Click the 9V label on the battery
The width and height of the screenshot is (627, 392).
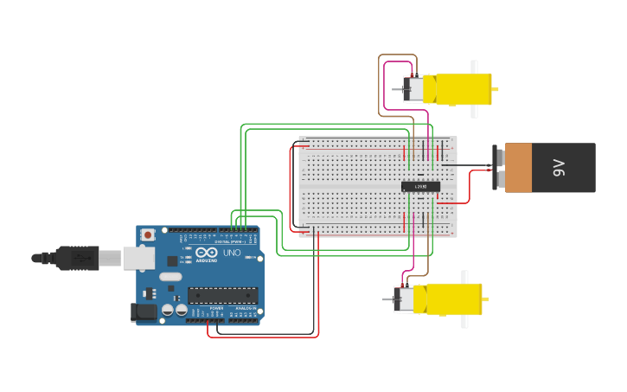click(x=559, y=168)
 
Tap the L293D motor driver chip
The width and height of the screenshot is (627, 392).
click(x=420, y=186)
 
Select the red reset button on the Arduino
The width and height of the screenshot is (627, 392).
click(x=148, y=234)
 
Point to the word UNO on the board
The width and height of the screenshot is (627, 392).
click(x=232, y=253)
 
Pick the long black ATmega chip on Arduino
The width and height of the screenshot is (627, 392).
click(x=222, y=295)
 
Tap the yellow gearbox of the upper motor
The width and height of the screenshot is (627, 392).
click(x=463, y=89)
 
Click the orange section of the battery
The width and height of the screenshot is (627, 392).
click(x=518, y=168)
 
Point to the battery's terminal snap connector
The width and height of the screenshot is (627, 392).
click(x=497, y=168)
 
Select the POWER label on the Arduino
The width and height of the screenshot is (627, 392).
click(x=216, y=308)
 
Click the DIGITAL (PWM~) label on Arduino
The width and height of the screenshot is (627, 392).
click(x=227, y=240)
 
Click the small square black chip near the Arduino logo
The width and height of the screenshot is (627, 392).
click(x=172, y=260)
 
